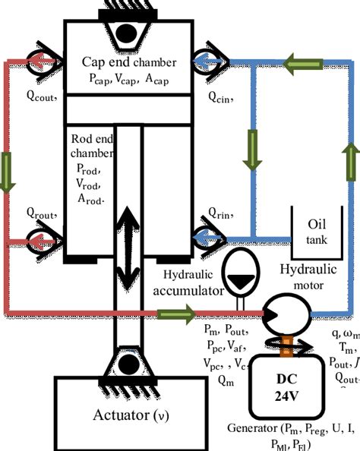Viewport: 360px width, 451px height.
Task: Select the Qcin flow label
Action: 223,96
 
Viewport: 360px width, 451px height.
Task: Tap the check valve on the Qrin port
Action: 207,239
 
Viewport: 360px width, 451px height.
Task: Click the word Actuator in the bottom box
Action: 118,416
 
